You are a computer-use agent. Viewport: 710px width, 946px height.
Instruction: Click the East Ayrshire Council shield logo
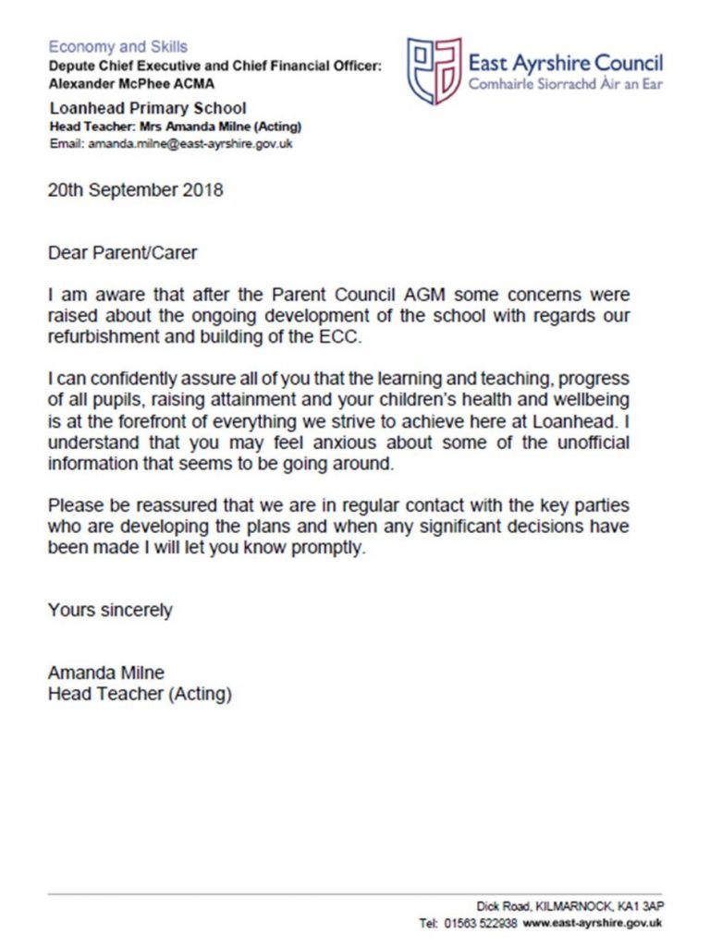click(434, 70)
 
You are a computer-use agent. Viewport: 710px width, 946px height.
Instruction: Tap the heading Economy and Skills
click(117, 46)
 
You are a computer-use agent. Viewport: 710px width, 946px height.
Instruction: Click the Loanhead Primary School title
click(147, 108)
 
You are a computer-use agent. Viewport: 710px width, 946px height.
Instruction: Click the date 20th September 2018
click(135, 191)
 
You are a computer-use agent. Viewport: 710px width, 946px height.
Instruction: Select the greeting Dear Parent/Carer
click(122, 250)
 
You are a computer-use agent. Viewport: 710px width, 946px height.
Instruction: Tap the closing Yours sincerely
click(110, 610)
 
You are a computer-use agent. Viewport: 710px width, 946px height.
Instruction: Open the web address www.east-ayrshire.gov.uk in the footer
click(594, 923)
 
